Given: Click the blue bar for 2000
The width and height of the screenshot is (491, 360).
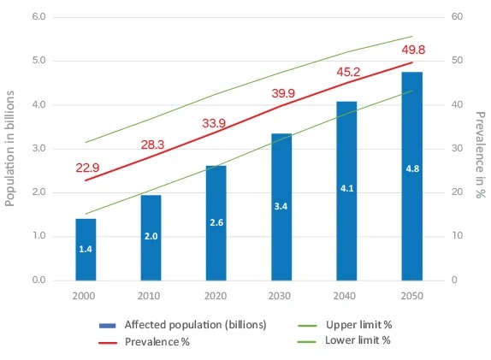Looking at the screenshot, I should pos(86,249).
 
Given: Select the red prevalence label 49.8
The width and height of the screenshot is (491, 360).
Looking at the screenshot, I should pos(414,50).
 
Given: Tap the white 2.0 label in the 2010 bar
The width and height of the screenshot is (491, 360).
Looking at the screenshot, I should pos(151,235).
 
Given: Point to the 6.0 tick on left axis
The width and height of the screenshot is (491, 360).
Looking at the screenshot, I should pos(38,17).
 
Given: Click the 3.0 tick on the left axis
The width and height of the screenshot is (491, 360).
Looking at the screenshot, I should pos(38,149).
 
